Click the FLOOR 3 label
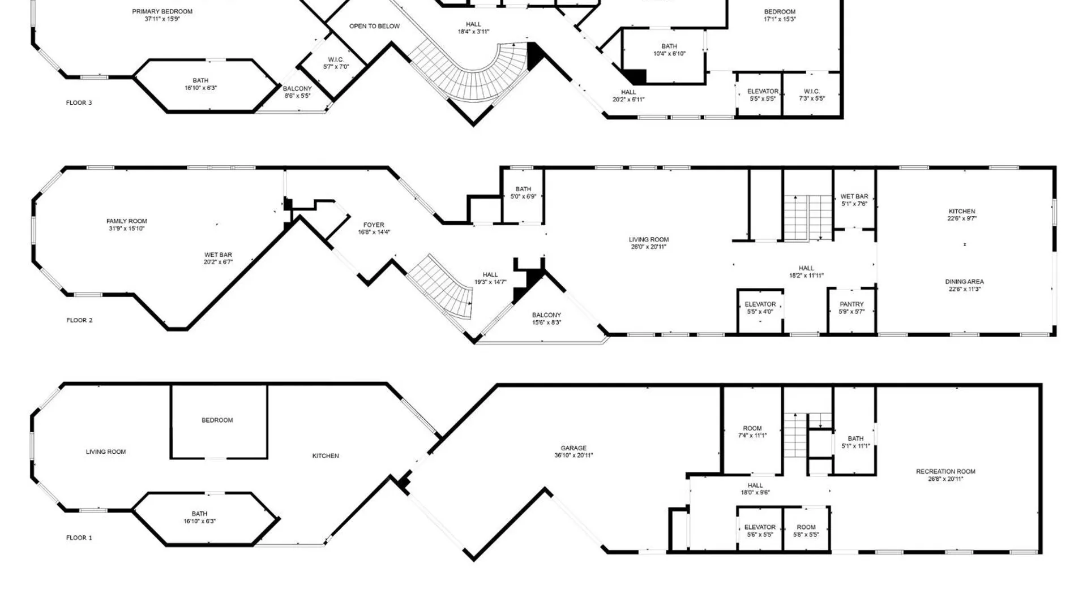pyautogui.click(x=79, y=103)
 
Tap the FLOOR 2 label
pyautogui.click(x=79, y=320)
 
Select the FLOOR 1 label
pyautogui.click(x=79, y=537)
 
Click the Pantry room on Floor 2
pyautogui.click(x=851, y=312)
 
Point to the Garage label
pyautogui.click(x=574, y=448)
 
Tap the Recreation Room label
pyautogui.click(x=945, y=471)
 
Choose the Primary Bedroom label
pyautogui.click(x=162, y=11)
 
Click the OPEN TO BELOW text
pyautogui.click(x=374, y=26)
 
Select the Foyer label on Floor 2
pyautogui.click(x=374, y=225)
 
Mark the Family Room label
pyautogui.click(x=127, y=221)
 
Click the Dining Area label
pyautogui.click(x=964, y=282)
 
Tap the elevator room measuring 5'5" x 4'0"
pyautogui.click(x=760, y=312)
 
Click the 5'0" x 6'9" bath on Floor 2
pyautogui.click(x=523, y=196)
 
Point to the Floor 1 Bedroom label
pyautogui.click(x=217, y=420)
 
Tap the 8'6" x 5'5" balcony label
pyautogui.click(x=297, y=92)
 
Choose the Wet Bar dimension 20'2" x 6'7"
pyautogui.click(x=218, y=262)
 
